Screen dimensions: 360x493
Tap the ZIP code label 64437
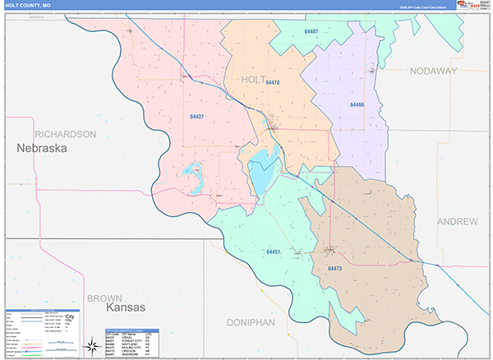[x=196, y=118]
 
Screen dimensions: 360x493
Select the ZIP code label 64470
[x=273, y=83]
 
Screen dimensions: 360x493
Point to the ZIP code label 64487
[x=311, y=32]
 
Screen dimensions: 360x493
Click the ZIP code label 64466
[x=357, y=105]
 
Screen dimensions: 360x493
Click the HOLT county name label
[x=254, y=79]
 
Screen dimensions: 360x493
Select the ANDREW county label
[x=458, y=222]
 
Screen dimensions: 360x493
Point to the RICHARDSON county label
[x=66, y=133]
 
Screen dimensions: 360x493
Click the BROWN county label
[x=104, y=298]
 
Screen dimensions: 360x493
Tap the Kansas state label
[x=125, y=307]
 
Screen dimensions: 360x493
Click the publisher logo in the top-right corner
[x=472, y=5]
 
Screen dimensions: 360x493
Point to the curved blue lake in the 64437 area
[x=193, y=174]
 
